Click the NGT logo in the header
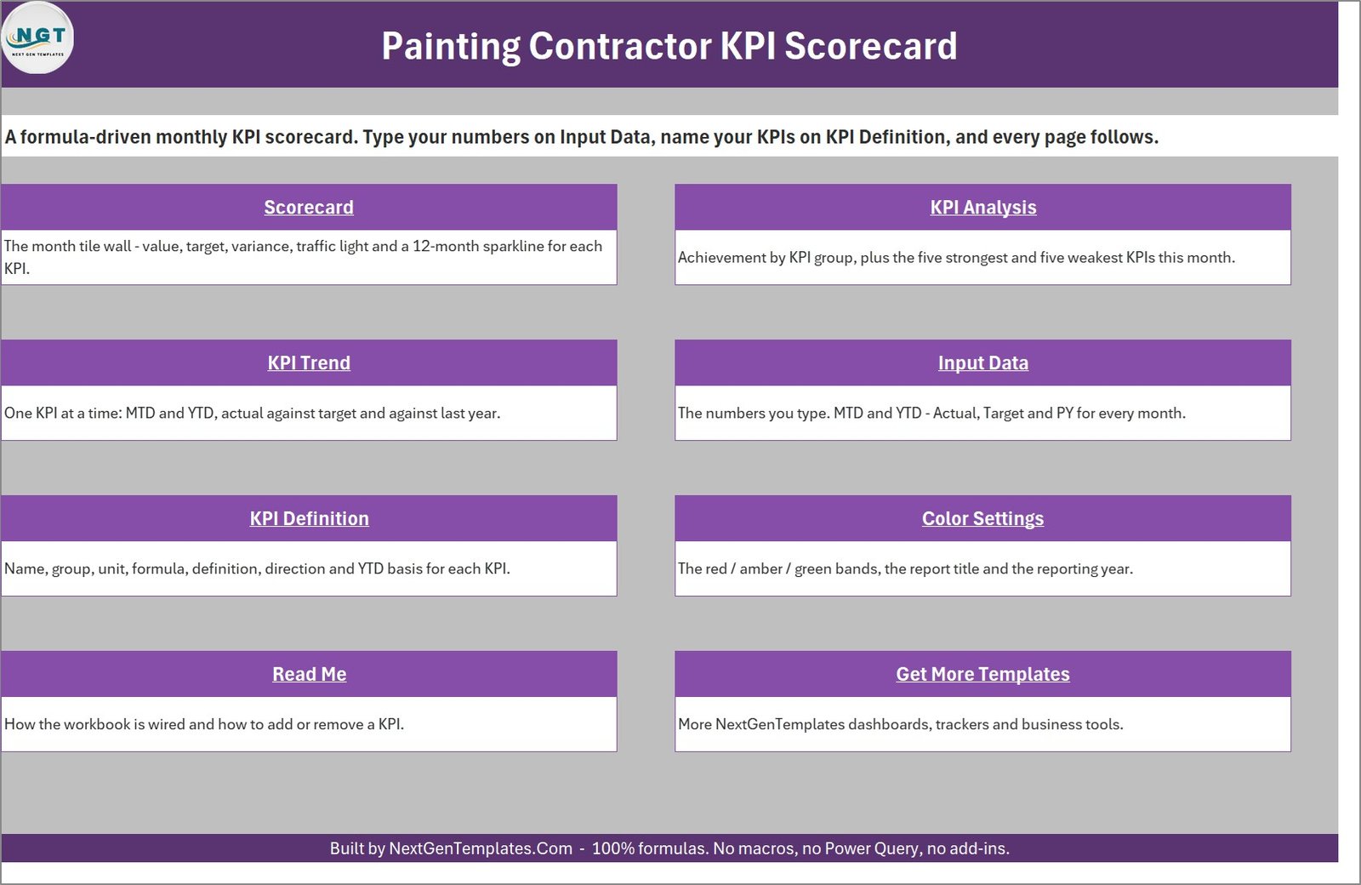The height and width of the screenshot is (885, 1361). pos(37,37)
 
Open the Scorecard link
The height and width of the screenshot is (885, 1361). pos(309,208)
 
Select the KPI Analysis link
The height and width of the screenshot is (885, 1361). pos(983,208)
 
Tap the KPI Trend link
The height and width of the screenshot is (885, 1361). pos(309,363)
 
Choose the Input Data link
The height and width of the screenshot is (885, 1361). pos(983,363)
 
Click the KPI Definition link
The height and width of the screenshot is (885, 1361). pos(310,518)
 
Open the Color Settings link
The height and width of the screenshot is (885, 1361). pos(983,518)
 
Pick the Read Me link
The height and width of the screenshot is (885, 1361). pos(310,674)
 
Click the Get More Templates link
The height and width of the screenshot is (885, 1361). pos(983,674)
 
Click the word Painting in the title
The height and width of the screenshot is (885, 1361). pos(451,47)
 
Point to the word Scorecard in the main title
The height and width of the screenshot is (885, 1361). pos(871,46)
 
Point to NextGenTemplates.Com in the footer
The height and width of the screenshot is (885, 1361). pos(481,848)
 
